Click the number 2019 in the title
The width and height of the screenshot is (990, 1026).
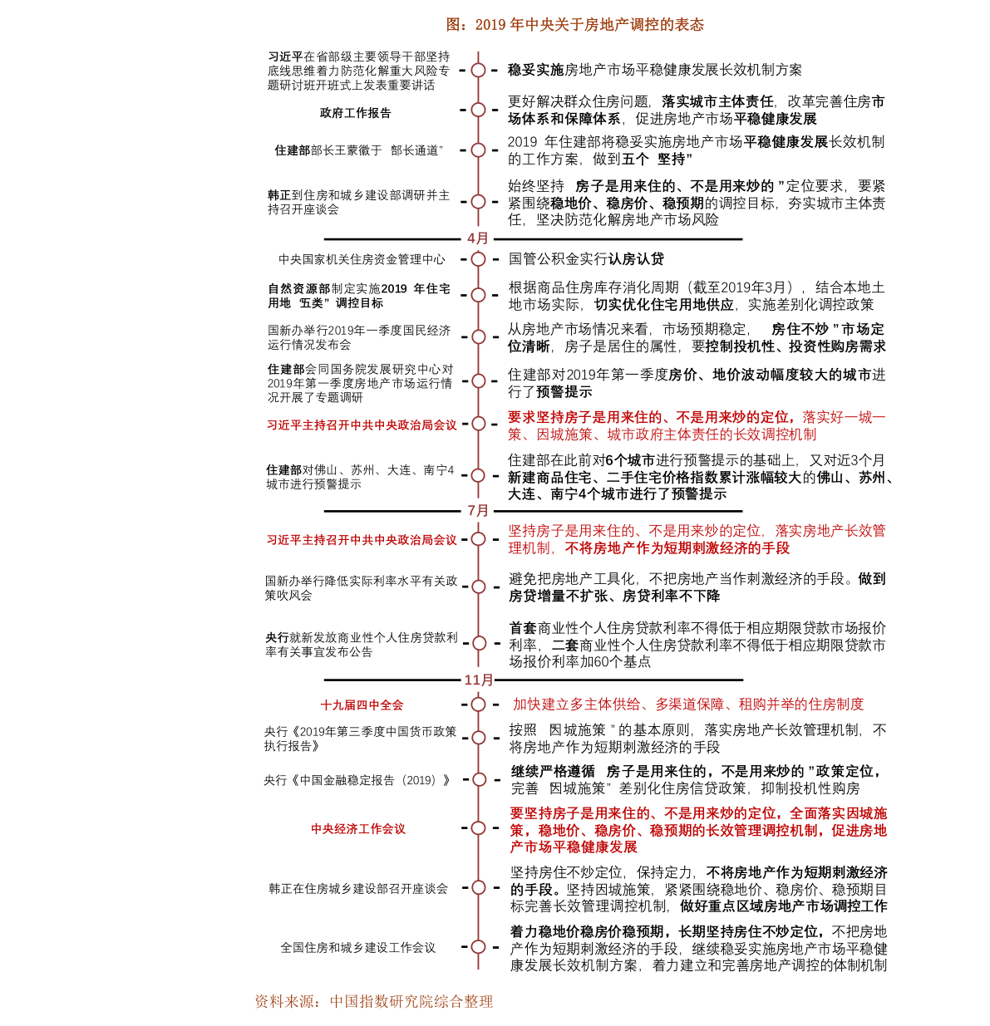click(x=490, y=25)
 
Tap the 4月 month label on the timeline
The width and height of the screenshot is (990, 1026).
click(x=479, y=238)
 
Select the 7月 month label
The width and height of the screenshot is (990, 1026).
click(x=479, y=510)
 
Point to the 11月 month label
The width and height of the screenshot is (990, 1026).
click(x=479, y=680)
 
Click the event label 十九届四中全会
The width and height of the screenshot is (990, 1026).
click(x=362, y=705)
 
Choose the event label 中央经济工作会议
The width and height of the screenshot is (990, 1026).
click(x=358, y=829)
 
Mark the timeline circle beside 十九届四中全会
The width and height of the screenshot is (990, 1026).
click(x=478, y=704)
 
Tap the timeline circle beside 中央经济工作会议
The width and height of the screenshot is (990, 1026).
click(x=478, y=828)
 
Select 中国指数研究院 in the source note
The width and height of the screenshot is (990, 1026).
click(x=379, y=1002)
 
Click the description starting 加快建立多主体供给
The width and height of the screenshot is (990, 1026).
click(x=688, y=704)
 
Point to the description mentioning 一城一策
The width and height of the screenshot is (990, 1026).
click(x=697, y=425)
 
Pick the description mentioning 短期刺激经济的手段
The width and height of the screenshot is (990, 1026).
click(x=697, y=539)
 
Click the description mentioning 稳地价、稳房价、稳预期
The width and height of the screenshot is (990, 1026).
click(x=698, y=830)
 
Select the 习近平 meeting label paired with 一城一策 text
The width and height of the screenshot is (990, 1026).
click(x=362, y=425)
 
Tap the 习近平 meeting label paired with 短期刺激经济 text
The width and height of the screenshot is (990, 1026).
click(x=362, y=540)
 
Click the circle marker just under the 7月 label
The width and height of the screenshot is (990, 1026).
click(x=478, y=539)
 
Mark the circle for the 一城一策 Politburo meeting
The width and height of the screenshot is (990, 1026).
click(x=479, y=424)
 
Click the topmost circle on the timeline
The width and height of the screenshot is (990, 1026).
click(x=478, y=71)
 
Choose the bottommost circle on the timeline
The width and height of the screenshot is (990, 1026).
click(x=478, y=947)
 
